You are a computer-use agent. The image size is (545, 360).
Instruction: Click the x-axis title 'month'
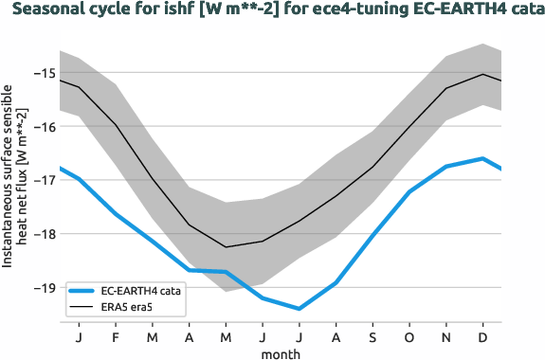[281, 353]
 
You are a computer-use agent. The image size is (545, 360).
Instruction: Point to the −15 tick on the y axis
[44, 73]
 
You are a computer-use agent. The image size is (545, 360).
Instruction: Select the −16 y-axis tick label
[44, 126]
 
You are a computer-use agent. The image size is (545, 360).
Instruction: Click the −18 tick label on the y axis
[44, 233]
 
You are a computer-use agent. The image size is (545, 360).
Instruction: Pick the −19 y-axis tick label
[44, 287]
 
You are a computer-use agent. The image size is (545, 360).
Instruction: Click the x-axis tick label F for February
[116, 336]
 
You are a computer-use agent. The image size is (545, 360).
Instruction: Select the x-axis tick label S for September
[372, 336]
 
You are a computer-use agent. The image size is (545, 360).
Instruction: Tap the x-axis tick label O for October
[409, 336]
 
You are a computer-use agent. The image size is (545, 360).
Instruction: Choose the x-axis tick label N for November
[446, 336]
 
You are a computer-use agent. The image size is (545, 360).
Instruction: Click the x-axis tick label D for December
[483, 336]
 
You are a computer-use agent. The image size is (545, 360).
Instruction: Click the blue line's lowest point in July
[300, 309]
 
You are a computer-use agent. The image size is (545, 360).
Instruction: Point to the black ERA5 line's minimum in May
[226, 247]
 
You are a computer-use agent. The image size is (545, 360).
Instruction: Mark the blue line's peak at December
[483, 158]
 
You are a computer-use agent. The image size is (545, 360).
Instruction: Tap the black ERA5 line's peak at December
[483, 74]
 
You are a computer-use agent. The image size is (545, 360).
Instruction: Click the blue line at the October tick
[409, 191]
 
